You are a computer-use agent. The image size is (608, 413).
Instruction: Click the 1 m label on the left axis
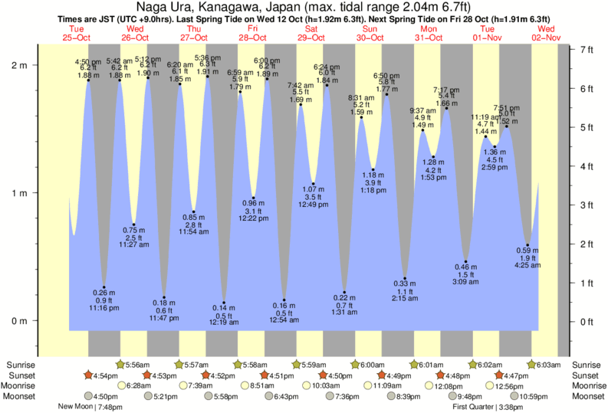[x=19, y=193]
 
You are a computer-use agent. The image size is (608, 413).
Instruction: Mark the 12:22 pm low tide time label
[x=253, y=218]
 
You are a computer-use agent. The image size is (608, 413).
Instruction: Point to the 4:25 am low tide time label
[x=527, y=265]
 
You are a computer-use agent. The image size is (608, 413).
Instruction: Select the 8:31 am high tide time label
[x=361, y=98]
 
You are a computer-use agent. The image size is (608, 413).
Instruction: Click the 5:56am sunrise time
[x=139, y=365]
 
